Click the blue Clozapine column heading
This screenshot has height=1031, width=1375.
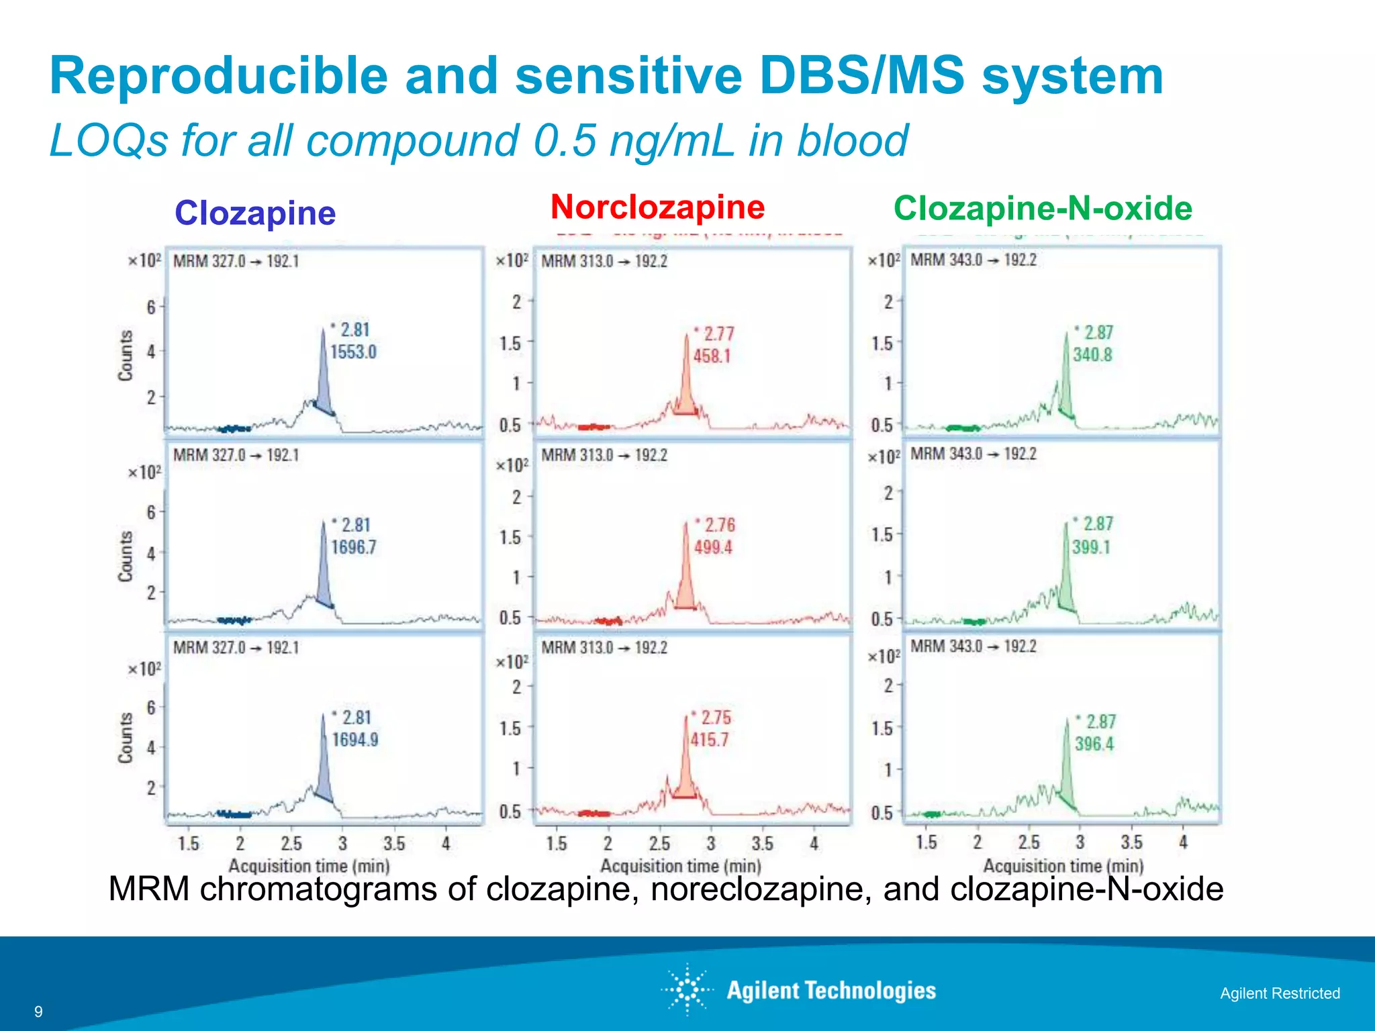(255, 213)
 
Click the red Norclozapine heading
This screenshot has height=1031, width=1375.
(657, 207)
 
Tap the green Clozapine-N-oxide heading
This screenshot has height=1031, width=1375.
(1043, 208)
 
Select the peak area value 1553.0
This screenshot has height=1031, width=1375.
(353, 352)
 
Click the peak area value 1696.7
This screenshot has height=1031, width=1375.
(353, 547)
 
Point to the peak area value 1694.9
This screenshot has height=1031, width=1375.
(355, 740)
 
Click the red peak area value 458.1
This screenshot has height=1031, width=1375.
(712, 356)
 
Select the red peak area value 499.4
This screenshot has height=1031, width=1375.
(713, 547)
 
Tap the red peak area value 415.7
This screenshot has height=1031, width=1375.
(710, 740)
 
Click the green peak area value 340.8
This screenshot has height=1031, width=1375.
(1092, 354)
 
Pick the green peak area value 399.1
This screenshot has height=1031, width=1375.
(1091, 547)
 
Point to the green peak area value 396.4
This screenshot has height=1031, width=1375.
(1094, 744)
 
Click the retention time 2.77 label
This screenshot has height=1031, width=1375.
(718, 334)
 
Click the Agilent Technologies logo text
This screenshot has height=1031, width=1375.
(831, 991)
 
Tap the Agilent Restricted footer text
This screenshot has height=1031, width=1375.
(1280, 993)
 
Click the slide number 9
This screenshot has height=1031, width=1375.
(38, 1012)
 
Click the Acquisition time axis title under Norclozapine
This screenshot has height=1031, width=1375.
(680, 866)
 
